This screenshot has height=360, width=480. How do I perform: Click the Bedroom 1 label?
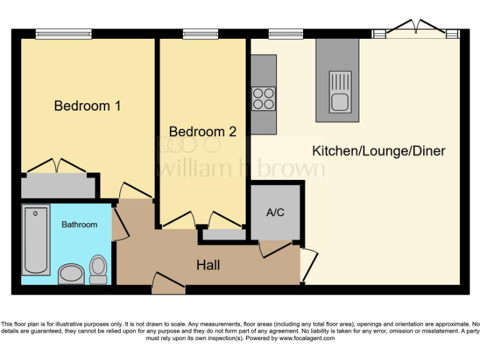(87, 106)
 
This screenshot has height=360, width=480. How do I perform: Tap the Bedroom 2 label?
(202, 132)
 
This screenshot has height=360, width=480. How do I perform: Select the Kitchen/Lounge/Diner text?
(379, 151)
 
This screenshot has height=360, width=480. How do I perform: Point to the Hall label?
(208, 266)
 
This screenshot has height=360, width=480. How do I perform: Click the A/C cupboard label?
(275, 212)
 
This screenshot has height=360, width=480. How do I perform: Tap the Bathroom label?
(79, 224)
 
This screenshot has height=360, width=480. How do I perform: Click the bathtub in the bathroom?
(36, 240)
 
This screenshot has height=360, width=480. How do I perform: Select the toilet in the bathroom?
(98, 269)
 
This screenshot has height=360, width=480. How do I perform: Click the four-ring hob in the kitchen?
(263, 99)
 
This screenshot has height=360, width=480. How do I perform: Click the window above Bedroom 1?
(63, 34)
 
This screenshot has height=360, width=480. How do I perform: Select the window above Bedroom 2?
(201, 34)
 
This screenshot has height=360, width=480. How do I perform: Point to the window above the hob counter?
(286, 34)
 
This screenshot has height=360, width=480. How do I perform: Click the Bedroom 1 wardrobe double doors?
(57, 166)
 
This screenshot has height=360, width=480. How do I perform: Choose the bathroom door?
(117, 222)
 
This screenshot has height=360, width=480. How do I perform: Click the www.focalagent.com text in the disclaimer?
(307, 338)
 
